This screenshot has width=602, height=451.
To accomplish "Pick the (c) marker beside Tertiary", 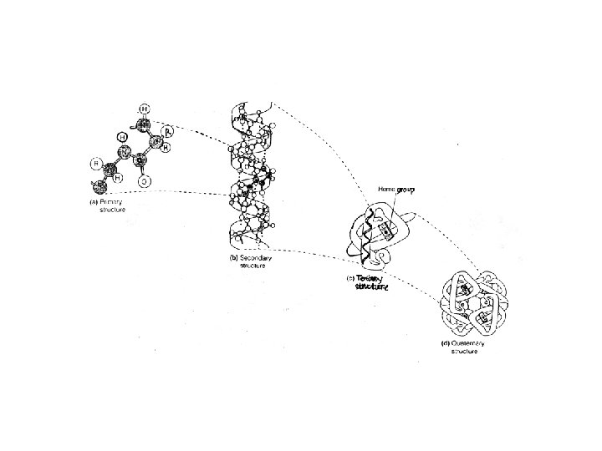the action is tap(349, 278).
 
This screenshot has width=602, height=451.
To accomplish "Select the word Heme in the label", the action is tap(386, 190).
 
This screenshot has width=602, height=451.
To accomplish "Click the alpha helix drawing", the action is tap(251, 175).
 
